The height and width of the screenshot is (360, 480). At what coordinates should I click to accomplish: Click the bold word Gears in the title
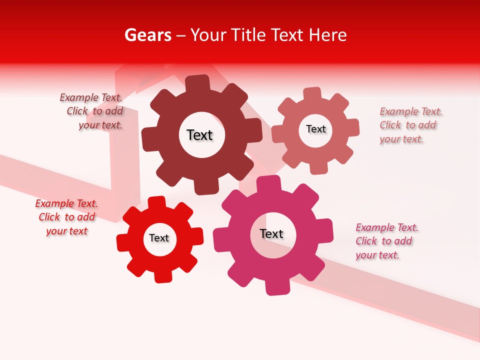tap(147, 35)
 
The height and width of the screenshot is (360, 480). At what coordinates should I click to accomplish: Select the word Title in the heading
tap(248, 35)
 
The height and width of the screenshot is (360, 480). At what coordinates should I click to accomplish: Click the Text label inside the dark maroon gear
tap(199, 135)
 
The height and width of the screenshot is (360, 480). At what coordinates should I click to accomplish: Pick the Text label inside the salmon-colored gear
tap(315, 129)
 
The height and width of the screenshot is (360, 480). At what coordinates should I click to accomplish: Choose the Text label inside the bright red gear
tap(159, 238)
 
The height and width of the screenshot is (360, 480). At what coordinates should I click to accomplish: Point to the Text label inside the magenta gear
tap(271, 233)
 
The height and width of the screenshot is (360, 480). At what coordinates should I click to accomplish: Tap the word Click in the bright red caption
tap(49, 217)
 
